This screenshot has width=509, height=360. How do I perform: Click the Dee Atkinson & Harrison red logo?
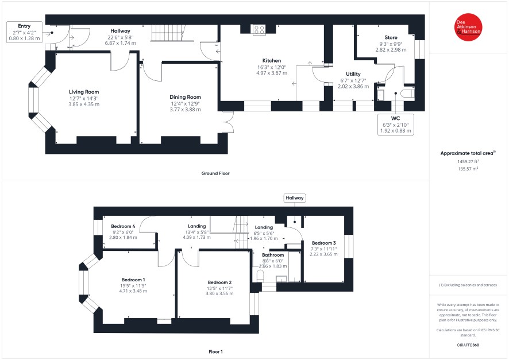click(468, 27)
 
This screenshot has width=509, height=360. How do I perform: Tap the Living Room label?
click(84, 92)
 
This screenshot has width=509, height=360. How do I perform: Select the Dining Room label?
click(185, 97)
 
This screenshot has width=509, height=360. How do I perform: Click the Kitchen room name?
click(272, 61)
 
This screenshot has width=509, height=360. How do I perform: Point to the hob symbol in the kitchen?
click(259, 30)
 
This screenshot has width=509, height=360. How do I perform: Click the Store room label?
click(391, 38)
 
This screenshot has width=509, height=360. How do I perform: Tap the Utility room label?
click(353, 74)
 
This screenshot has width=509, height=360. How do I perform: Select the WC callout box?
click(396, 124)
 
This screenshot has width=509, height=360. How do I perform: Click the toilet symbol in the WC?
click(408, 94)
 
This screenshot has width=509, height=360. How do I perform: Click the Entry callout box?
click(24, 32)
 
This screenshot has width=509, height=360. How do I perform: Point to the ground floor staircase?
click(168, 33)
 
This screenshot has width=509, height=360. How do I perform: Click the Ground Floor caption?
click(215, 173)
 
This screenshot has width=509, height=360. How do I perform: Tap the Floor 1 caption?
click(215, 351)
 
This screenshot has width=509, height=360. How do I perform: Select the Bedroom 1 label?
click(133, 280)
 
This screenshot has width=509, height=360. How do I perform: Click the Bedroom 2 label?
click(219, 282)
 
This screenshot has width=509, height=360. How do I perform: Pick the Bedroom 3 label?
click(323, 243)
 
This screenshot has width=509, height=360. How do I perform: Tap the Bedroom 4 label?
click(123, 226)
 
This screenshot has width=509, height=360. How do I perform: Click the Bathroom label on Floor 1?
click(273, 256)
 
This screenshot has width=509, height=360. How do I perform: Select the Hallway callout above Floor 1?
click(295, 198)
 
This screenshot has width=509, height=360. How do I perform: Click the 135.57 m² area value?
click(468, 169)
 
